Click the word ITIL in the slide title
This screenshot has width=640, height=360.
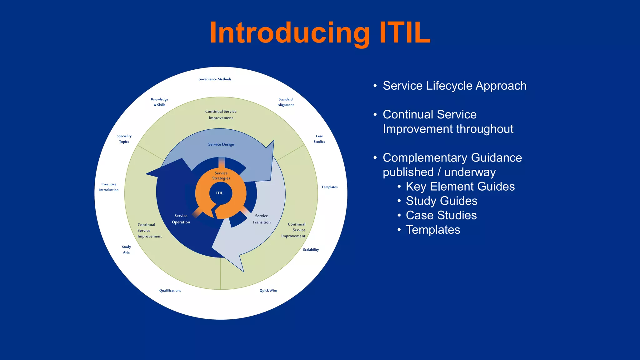tap(405, 33)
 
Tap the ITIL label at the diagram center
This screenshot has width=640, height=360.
tap(219, 193)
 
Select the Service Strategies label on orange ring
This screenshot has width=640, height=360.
tap(221, 176)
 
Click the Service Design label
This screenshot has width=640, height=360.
tap(221, 144)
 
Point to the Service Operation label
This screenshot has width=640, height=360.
tap(181, 219)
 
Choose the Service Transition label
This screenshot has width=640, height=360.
tap(262, 219)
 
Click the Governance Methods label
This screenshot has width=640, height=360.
tap(215, 79)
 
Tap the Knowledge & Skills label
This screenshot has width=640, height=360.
tap(159, 102)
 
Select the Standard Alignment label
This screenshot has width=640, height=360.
tap(286, 102)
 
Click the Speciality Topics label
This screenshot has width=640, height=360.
tap(124, 139)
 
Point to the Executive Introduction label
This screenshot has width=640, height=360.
tap(109, 187)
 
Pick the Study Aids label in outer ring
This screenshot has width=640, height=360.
tap(126, 249)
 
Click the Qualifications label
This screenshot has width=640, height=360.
tap(170, 291)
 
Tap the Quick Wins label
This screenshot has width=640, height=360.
tap(268, 291)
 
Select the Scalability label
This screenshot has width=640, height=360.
tap(311, 250)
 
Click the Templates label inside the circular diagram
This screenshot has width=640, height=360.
tap(329, 187)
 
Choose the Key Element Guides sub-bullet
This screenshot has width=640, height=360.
tap(460, 187)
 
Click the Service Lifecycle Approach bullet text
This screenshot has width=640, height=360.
tap(454, 86)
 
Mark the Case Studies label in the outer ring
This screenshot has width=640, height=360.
tap(319, 139)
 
